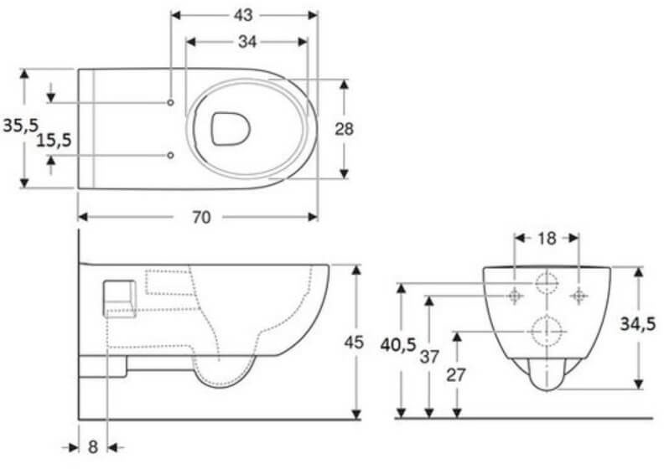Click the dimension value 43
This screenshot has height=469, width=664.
click(x=244, y=15)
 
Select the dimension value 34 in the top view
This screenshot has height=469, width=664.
click(x=246, y=40)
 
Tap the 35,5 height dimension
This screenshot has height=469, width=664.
click(x=21, y=126)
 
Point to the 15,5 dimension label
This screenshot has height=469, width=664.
click(x=53, y=139)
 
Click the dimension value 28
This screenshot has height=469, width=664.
click(x=344, y=128)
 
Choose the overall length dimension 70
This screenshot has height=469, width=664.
click(x=200, y=217)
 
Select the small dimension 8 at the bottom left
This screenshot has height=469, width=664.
click(x=93, y=447)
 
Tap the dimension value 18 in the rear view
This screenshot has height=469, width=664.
click(x=546, y=238)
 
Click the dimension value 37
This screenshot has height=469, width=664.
click(x=429, y=357)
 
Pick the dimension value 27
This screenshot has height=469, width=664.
click(x=456, y=374)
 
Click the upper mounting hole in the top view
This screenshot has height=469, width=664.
click(x=170, y=102)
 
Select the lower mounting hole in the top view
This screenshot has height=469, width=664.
click(x=170, y=156)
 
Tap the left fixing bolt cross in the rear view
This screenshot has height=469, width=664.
click(x=514, y=295)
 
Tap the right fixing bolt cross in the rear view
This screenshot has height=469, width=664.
click(x=578, y=295)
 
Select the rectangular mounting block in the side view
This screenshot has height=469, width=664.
click(x=118, y=297)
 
